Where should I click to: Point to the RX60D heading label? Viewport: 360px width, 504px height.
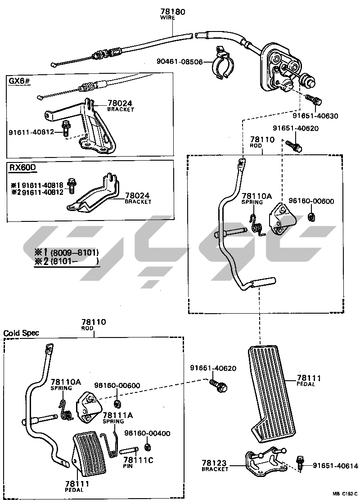22,167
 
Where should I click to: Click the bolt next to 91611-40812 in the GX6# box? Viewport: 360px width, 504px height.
65,129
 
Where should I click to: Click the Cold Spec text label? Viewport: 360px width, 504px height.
21,333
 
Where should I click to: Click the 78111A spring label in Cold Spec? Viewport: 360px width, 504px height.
113,415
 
